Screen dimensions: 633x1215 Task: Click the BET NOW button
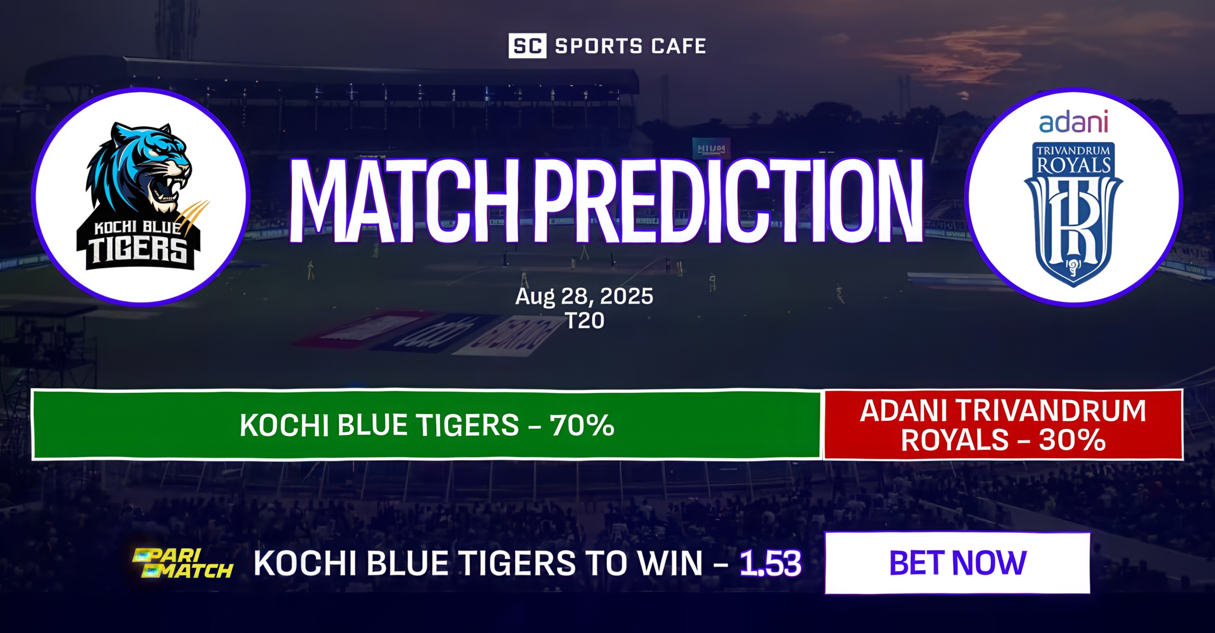click(x=957, y=563)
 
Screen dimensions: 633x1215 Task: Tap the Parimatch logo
click(x=182, y=563)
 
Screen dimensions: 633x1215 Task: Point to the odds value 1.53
click(x=770, y=563)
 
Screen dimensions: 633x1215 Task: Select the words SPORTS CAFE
click(x=630, y=46)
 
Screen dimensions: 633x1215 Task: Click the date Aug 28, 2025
click(x=584, y=296)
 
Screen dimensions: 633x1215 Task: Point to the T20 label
click(x=584, y=320)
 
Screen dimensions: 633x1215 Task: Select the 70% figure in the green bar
click(x=582, y=425)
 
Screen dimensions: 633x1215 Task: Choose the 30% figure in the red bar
click(x=1072, y=440)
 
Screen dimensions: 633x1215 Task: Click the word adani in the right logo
click(x=1073, y=122)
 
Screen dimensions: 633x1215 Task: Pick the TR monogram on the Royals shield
click(x=1073, y=222)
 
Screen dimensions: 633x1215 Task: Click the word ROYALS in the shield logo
click(x=1073, y=166)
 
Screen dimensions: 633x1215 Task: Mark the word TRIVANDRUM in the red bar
click(x=1050, y=411)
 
